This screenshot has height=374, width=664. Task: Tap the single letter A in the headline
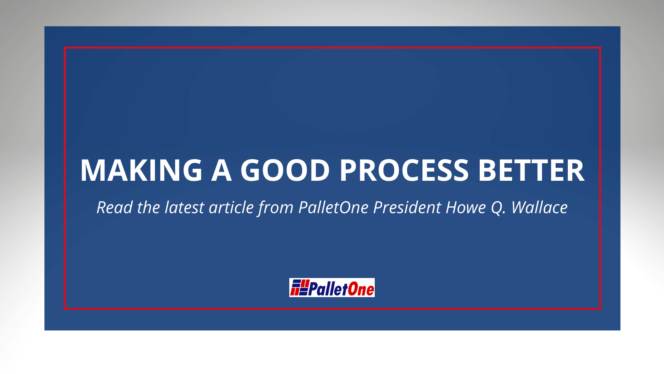[221, 170]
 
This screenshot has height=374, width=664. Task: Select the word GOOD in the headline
[285, 170]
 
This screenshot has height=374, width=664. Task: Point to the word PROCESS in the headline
[404, 170]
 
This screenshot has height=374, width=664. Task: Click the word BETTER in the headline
[531, 170]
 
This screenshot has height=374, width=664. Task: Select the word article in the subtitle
[231, 207]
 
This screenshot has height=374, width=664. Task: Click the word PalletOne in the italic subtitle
[333, 207]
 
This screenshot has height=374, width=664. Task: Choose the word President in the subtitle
[407, 207]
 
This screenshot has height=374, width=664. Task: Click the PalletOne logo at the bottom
[332, 288]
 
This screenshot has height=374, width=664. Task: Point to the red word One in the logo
[361, 288]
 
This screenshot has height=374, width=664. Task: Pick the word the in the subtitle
[149, 207]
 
